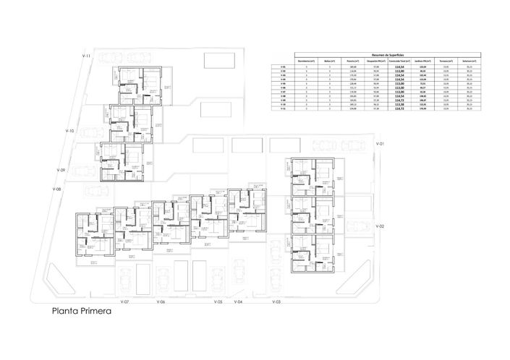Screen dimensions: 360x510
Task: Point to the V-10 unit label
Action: click(x=70, y=131)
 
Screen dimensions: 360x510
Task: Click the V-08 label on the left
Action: click(x=57, y=189)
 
